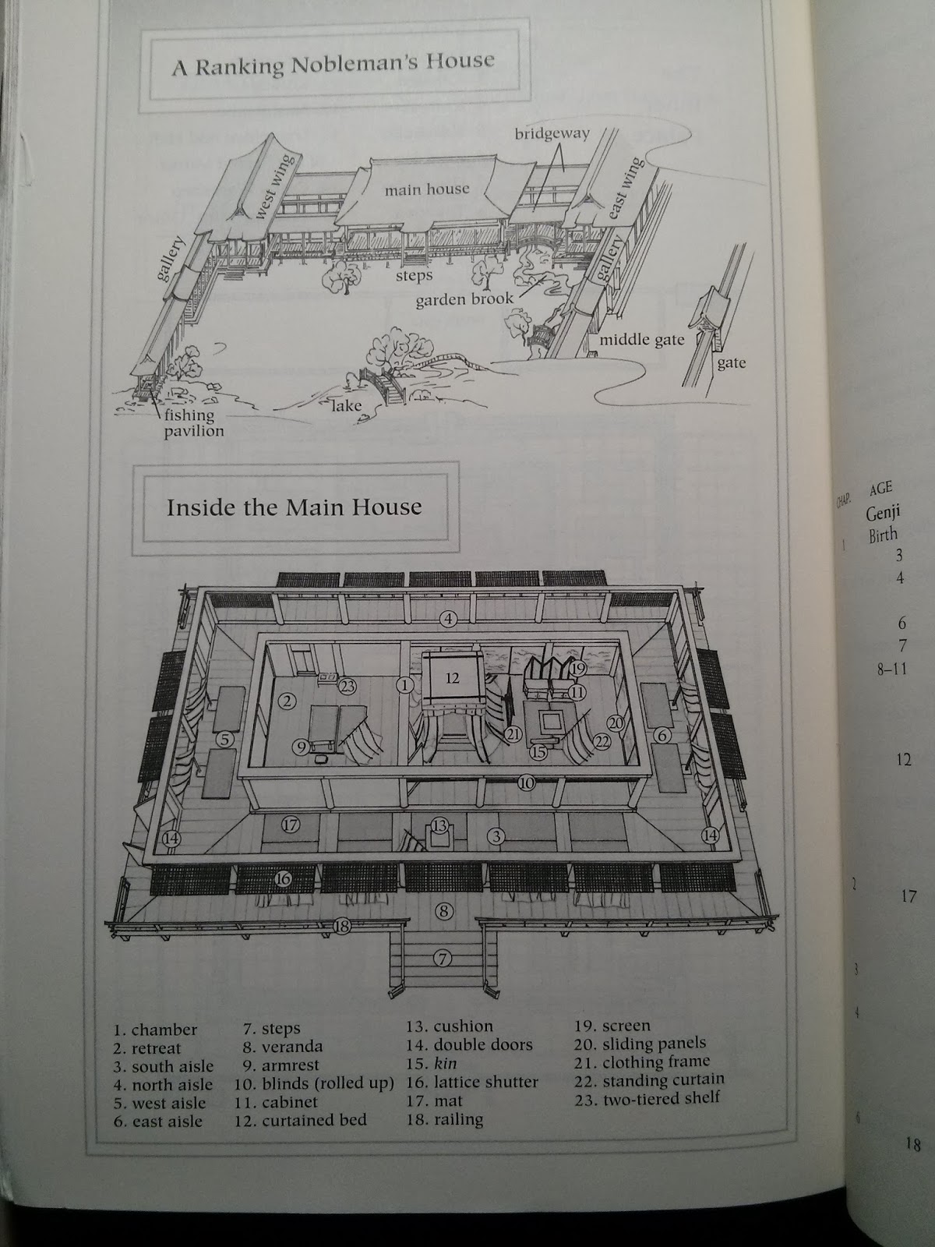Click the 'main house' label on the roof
[427, 189]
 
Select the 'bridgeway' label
[552, 133]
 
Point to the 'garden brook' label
[464, 299]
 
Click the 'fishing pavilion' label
[193, 422]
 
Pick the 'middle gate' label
[641, 340]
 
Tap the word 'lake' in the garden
[346, 405]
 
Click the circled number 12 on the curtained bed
[452, 678]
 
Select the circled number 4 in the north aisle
[449, 618]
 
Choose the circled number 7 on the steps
[443, 959]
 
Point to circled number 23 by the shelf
[348, 687]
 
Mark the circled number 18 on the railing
[342, 926]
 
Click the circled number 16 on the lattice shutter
[283, 879]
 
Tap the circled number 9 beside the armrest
[301, 747]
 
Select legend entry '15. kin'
[432, 1063]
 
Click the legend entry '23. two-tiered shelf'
[647, 1097]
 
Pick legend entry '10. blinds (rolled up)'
[314, 1083]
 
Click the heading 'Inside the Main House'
[294, 507]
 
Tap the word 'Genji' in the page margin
[883, 514]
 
